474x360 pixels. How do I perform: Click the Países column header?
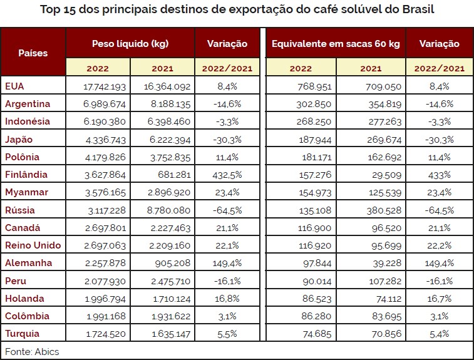point(33,53)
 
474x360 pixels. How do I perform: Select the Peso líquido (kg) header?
point(130,44)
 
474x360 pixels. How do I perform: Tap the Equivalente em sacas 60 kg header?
point(336,44)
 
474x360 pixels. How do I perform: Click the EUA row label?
point(14,86)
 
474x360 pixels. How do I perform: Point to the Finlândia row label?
point(26,175)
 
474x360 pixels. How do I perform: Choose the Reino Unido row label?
point(33,245)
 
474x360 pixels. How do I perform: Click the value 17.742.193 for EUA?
point(105,87)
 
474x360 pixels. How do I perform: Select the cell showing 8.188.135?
point(170,105)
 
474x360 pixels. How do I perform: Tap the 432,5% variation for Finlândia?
point(227,175)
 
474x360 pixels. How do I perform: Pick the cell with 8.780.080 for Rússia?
point(168,210)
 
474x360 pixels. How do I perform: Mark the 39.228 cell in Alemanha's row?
point(387,264)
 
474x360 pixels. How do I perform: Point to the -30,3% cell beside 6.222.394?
point(227,140)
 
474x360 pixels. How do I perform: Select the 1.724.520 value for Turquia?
point(106,334)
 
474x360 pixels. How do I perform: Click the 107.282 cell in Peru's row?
point(385,281)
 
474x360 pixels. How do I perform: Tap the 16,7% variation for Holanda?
point(439,299)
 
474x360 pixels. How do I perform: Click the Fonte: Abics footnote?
point(32,351)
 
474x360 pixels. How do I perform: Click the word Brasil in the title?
point(418,9)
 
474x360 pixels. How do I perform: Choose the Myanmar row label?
point(26,192)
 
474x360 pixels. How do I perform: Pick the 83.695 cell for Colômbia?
point(386,316)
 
